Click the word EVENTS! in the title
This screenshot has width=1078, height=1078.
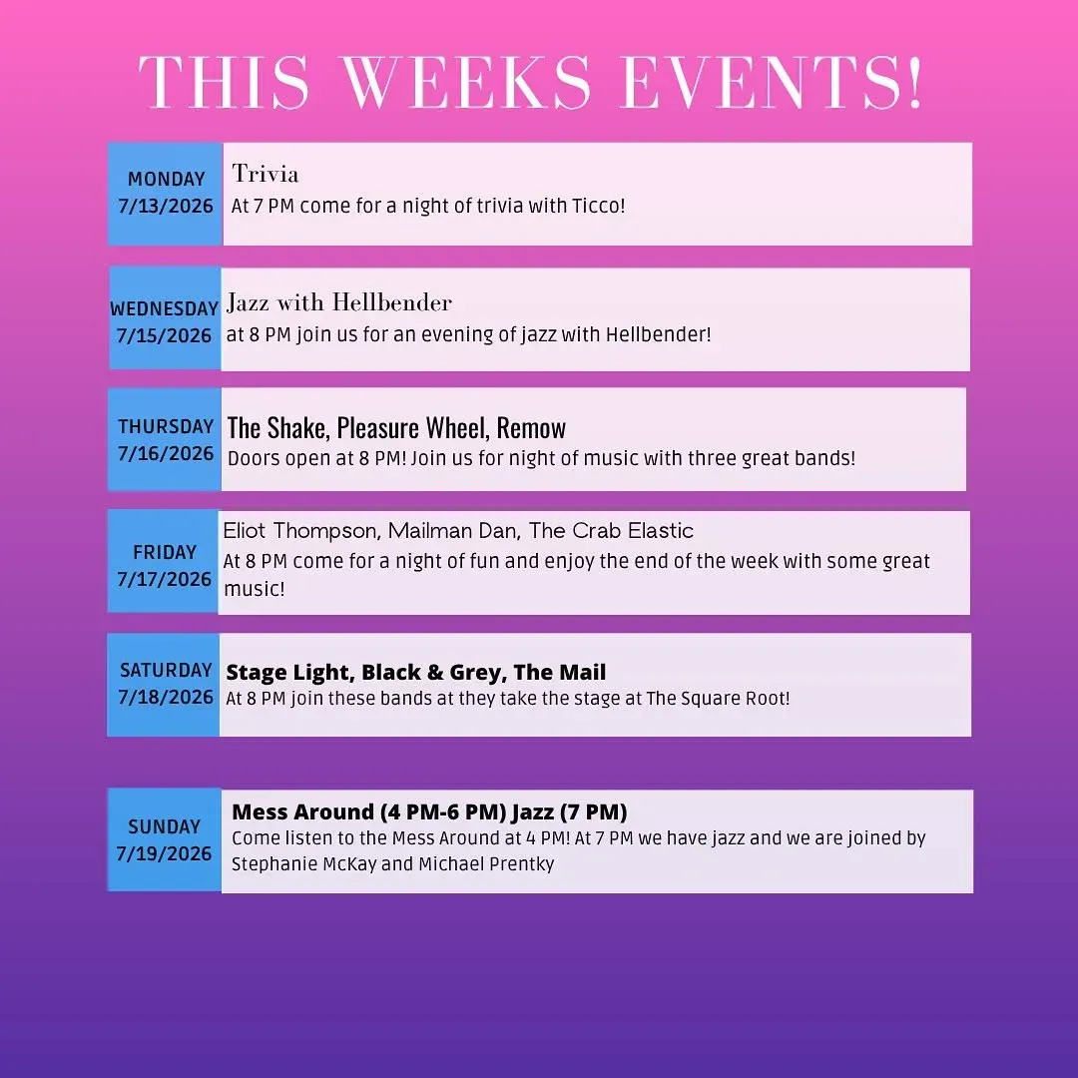pyautogui.click(x=772, y=83)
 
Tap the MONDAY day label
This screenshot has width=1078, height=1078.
pyautogui.click(x=167, y=179)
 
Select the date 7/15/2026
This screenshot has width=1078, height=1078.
pyautogui.click(x=164, y=335)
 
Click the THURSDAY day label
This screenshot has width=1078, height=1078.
pyautogui.click(x=166, y=426)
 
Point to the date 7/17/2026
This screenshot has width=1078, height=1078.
pyautogui.click(x=164, y=580)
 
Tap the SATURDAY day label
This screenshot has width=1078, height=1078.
pyautogui.click(x=166, y=670)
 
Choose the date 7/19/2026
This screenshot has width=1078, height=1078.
pyautogui.click(x=164, y=853)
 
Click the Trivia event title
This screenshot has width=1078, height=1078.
pyautogui.click(x=266, y=174)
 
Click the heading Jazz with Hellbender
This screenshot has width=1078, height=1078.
pyautogui.click(x=339, y=301)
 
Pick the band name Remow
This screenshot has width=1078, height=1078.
pyautogui.click(x=531, y=427)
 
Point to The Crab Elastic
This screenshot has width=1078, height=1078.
pyautogui.click(x=611, y=531)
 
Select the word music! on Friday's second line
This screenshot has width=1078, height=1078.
pyautogui.click(x=255, y=589)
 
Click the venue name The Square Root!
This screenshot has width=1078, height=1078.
pyautogui.click(x=718, y=699)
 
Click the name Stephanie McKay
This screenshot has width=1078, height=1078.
pyautogui.click(x=303, y=864)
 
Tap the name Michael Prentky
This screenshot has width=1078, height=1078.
pyautogui.click(x=486, y=864)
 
